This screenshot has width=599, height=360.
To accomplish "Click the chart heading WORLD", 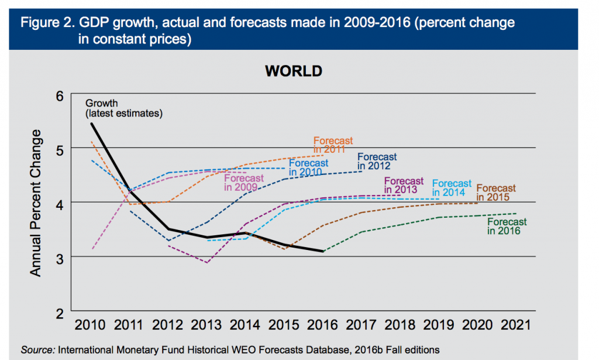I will pyautogui.click(x=294, y=71).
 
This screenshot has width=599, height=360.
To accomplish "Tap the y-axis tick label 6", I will pyautogui.click(x=58, y=94).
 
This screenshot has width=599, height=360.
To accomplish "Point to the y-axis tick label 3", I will pyautogui.click(x=58, y=257).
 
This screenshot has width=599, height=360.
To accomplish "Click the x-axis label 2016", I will pyautogui.click(x=322, y=325).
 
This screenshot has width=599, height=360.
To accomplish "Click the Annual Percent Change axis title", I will pyautogui.click(x=36, y=203).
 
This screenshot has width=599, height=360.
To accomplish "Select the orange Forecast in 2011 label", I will pyautogui.click(x=333, y=145).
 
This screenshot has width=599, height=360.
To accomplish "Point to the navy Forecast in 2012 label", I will pyautogui.click(x=377, y=162).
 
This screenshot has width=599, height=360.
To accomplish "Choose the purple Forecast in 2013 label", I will pyautogui.click(x=404, y=186).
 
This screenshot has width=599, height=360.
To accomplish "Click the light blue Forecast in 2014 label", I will pyautogui.click(x=451, y=188).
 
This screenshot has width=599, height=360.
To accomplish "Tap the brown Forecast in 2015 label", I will pyautogui.click(x=495, y=193).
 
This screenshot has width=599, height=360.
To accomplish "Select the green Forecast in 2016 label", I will pyautogui.click(x=507, y=227).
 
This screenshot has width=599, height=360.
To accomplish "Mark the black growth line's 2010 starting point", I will pyautogui.click(x=92, y=124).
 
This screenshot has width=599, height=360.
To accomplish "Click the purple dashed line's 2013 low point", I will pyautogui.click(x=206, y=262).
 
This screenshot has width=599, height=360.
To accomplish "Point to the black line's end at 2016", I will pyautogui.click(x=322, y=251).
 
